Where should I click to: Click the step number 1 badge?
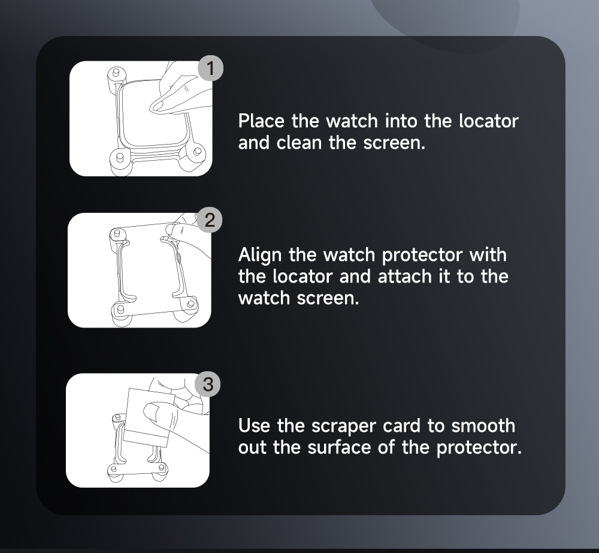210,68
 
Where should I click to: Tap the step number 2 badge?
209,220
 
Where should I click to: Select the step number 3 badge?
208,384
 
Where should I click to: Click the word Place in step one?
261,121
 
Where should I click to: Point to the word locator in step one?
489,121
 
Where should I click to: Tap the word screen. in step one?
394,143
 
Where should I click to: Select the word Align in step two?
260,255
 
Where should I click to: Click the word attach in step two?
405,276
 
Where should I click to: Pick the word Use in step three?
253,426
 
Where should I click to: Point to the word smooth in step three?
483,426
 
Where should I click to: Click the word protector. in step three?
479,448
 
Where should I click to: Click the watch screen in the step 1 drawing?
153,115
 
